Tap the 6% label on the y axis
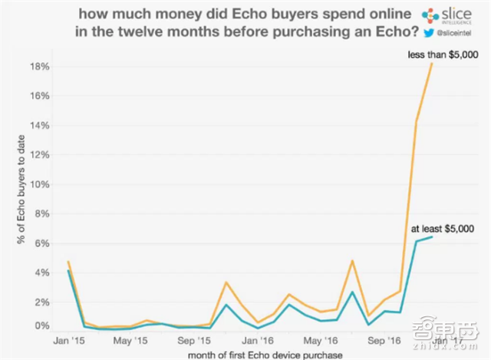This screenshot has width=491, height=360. pyautogui.click(x=41, y=243)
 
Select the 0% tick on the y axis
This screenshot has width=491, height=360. pyautogui.click(x=41, y=326)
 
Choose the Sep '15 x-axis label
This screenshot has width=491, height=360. pyautogui.click(x=194, y=339)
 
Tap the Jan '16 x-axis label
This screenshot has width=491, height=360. pyautogui.click(x=258, y=339)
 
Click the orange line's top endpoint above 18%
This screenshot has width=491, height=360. pyautogui.click(x=433, y=64)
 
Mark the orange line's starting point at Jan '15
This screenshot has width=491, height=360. pyautogui.click(x=68, y=262)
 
